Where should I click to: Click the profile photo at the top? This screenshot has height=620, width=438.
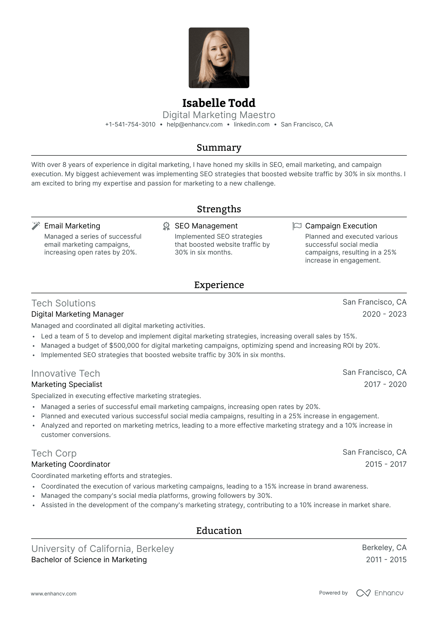(219, 58)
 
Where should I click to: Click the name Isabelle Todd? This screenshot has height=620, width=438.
(219, 103)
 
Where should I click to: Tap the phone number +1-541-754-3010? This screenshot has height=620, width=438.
(130, 125)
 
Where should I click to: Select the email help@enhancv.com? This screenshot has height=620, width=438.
(194, 125)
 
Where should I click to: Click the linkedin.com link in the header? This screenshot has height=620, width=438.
(252, 125)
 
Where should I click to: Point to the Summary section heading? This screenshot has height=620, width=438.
(219, 148)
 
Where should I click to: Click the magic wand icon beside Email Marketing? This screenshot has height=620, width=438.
(36, 226)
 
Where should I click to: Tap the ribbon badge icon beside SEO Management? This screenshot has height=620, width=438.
(167, 226)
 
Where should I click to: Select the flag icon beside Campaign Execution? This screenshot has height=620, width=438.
(297, 226)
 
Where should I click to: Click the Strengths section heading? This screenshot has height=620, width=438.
(219, 209)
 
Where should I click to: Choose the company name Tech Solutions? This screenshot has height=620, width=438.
(63, 303)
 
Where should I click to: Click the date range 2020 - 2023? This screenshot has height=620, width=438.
(384, 314)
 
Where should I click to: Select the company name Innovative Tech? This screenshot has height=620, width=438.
(66, 374)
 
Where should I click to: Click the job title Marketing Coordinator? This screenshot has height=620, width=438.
(71, 464)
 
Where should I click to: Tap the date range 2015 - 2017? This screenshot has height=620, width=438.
(386, 464)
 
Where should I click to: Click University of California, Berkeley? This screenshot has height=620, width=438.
(103, 549)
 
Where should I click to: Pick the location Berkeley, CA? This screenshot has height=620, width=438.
(384, 548)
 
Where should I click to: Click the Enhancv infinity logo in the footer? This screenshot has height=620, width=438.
(363, 593)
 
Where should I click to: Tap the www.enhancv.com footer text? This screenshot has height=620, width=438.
(54, 594)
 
